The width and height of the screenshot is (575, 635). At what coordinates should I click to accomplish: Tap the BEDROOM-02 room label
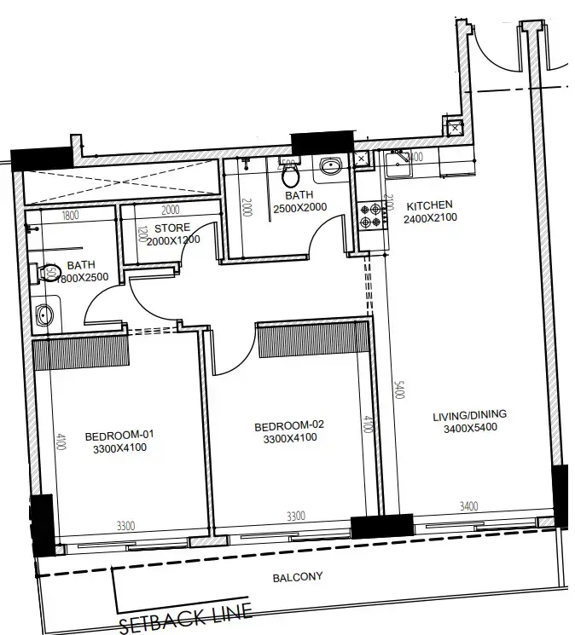pyautogui.click(x=290, y=424)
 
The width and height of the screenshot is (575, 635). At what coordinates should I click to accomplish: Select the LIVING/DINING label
pyautogui.click(x=469, y=415)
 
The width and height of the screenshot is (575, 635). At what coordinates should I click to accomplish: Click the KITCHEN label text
pyautogui.click(x=429, y=206)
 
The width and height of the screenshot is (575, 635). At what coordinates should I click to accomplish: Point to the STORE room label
pyautogui.click(x=172, y=228)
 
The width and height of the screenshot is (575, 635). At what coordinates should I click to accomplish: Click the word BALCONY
pyautogui.click(x=298, y=577)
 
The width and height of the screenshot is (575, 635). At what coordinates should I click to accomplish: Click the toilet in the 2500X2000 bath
pyautogui.click(x=289, y=175)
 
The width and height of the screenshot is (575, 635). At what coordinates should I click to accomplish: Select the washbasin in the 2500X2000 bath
pyautogui.click(x=330, y=165)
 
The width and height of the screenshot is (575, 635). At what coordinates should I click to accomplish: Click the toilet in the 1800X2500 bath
pyautogui.click(x=48, y=274)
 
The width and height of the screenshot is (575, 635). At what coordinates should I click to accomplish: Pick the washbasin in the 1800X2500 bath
pyautogui.click(x=45, y=315)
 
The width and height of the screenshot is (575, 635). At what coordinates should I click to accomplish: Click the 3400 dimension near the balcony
pyautogui.click(x=469, y=507)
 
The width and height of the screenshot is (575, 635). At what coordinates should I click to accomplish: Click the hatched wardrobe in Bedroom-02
pyautogui.click(x=313, y=340)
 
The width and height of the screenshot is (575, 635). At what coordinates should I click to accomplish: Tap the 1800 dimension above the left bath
pyautogui.click(x=70, y=215)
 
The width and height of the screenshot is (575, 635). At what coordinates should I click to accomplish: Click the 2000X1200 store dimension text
pyautogui.click(x=173, y=240)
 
